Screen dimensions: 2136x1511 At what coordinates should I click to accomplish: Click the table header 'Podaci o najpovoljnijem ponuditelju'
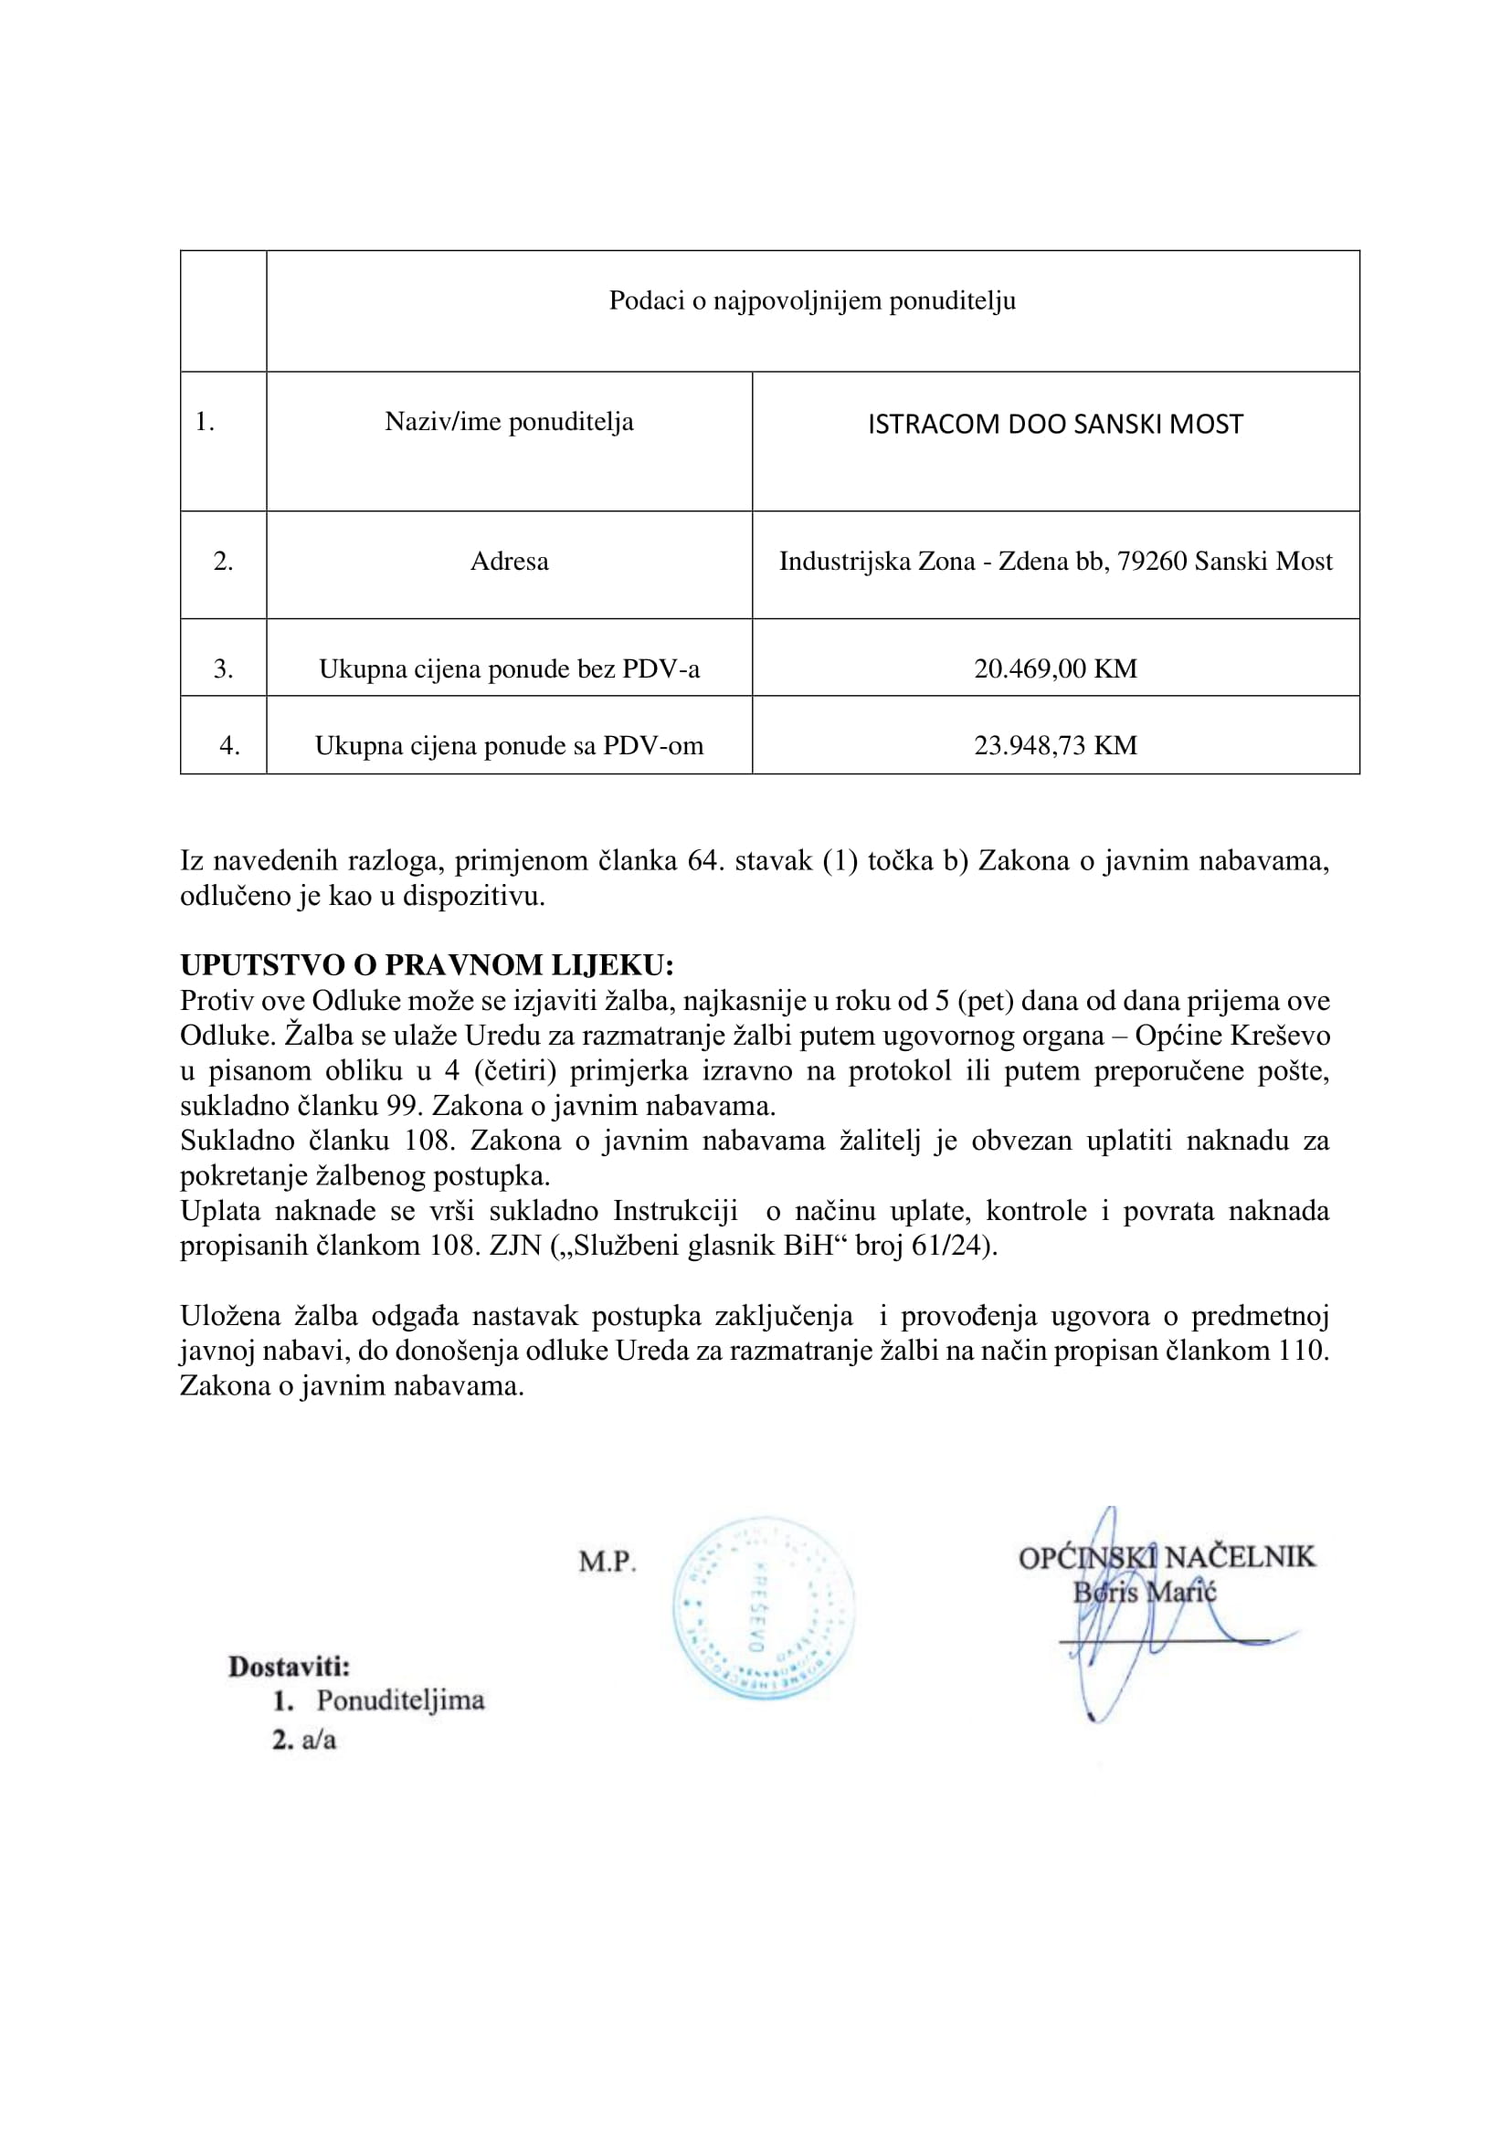click(x=811, y=300)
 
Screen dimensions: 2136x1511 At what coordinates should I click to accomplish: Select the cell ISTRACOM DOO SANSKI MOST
click(x=1055, y=425)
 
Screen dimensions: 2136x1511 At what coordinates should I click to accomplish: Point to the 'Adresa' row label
click(x=509, y=561)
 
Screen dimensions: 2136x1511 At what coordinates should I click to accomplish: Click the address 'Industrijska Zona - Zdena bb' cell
click(x=1055, y=561)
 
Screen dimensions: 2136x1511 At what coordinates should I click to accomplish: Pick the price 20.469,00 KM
click(x=1055, y=668)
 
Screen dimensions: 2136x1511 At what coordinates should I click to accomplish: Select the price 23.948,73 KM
click(x=1055, y=745)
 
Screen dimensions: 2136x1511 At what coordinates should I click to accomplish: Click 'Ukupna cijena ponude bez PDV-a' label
click(x=509, y=668)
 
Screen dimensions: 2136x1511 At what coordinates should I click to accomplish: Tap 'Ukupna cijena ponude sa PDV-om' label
click(x=509, y=745)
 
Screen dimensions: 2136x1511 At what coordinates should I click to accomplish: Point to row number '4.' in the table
click(x=229, y=745)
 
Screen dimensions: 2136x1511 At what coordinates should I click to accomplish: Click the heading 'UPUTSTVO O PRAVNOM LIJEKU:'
click(x=426, y=964)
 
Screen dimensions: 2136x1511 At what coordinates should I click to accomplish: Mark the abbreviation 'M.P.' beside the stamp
click(x=607, y=1562)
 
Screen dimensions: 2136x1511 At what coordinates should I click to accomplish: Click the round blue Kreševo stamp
click(x=763, y=1609)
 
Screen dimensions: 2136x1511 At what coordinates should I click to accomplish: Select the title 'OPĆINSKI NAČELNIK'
click(x=1167, y=1557)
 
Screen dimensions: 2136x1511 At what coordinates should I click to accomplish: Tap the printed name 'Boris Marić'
click(x=1145, y=1592)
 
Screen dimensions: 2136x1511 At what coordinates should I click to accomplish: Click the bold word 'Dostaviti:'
click(x=290, y=1667)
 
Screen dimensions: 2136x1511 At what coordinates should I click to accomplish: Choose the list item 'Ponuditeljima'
click(x=400, y=1700)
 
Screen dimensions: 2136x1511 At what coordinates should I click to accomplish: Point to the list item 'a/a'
click(x=318, y=1740)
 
